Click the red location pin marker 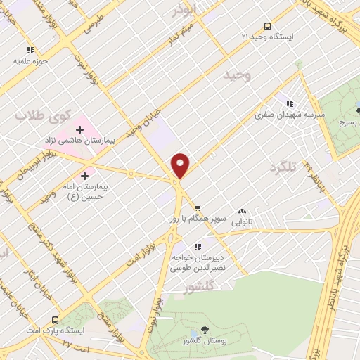181,165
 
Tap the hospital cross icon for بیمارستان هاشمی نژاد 80,129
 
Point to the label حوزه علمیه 30,61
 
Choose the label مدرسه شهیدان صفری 290,115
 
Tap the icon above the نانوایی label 243,210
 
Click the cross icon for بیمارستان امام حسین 86,175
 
